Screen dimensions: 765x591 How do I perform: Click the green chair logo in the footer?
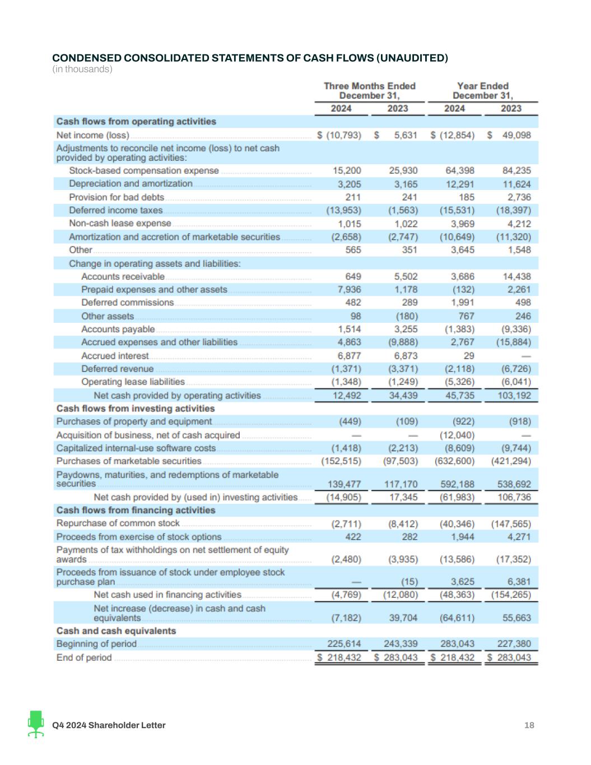coord(36,724)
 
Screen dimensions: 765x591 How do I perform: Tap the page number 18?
coord(529,725)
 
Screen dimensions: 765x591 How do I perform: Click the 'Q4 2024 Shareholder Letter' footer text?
coord(109,725)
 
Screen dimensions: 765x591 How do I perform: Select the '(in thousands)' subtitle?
coord(82,69)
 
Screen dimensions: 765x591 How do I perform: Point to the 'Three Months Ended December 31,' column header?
coord(370,90)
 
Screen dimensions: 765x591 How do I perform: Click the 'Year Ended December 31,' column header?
coord(482,90)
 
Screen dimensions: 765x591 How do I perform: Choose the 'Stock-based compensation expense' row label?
coord(144,170)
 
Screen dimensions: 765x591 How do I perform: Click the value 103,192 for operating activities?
coord(514,396)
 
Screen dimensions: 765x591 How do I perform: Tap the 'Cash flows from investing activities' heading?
coord(136,409)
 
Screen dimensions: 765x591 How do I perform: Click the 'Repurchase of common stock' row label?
coord(118,523)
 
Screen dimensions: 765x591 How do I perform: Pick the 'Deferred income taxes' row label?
coord(116,210)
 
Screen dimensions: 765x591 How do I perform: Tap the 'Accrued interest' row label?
coord(115,356)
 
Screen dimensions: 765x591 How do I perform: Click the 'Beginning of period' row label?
coord(96,644)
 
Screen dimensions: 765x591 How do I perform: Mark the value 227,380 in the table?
coord(514,644)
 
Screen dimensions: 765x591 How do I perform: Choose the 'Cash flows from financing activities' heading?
coord(136,510)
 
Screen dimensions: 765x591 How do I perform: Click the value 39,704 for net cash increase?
coord(403,618)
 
